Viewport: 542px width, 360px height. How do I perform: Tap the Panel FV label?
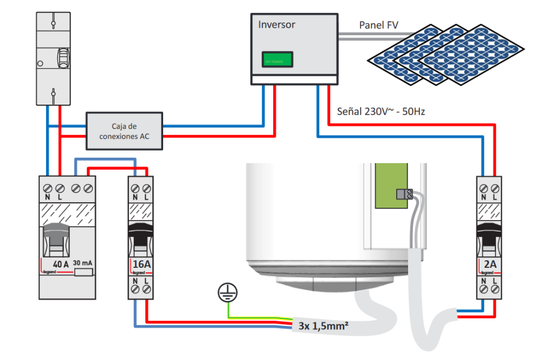379,25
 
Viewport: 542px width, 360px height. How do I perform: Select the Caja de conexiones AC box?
124,131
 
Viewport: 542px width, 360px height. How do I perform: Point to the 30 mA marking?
82,263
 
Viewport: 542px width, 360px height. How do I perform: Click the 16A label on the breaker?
141,265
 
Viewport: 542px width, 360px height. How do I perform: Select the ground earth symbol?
227,293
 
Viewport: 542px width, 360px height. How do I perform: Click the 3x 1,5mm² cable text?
323,326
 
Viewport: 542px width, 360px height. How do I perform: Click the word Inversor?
276,25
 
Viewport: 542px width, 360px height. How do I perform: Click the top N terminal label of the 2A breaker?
483,197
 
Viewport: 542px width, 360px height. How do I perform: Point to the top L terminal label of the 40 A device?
59,197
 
